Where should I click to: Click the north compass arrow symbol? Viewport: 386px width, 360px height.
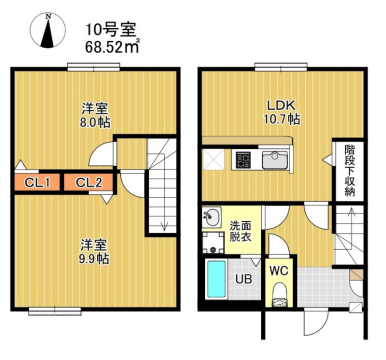coord(44,33)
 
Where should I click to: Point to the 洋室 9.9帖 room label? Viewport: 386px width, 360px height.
coord(94,249)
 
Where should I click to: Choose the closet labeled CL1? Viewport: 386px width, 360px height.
coord(38,182)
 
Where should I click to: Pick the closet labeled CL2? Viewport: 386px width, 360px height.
coord(89,182)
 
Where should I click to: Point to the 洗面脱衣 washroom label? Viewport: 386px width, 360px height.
coord(241,233)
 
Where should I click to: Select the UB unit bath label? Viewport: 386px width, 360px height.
coord(242,280)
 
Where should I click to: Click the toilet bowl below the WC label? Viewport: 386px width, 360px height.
coord(280,294)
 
